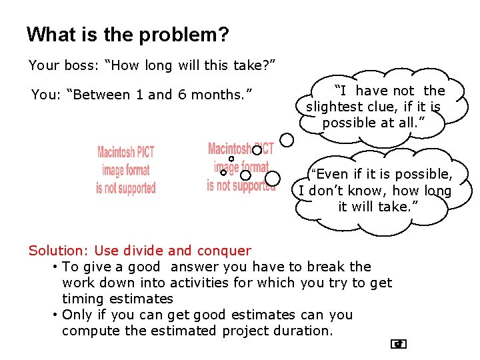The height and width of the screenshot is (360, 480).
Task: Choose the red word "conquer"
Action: [223, 251]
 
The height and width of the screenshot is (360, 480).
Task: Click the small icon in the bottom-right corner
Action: [399, 344]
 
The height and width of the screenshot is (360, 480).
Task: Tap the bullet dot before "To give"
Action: [54, 267]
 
